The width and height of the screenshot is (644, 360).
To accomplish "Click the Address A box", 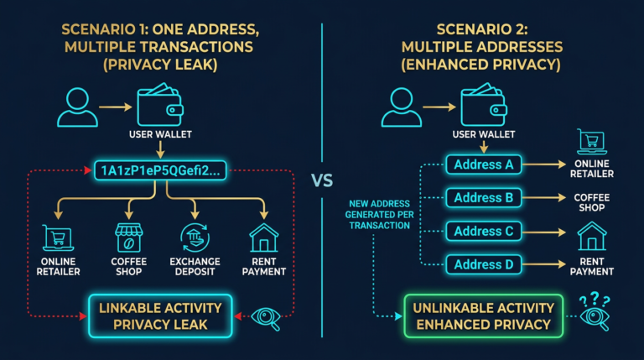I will (483, 164).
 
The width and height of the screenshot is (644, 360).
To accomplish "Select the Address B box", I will (483, 198).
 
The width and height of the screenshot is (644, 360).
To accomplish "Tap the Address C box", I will (483, 231).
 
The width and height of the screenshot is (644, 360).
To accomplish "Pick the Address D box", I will (483, 264).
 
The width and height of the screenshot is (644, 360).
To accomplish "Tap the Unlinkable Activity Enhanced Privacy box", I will (483, 316).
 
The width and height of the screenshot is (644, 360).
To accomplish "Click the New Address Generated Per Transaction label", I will (380, 214).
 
